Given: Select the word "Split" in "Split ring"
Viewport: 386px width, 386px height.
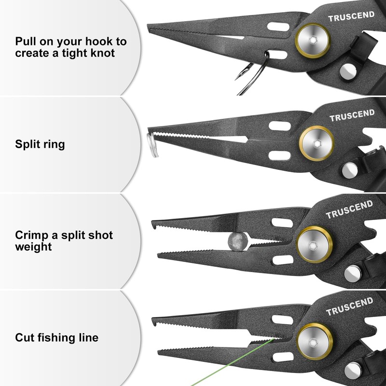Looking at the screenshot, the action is tap(28, 144).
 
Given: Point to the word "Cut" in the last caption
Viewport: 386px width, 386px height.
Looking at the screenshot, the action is tap(25, 337).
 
